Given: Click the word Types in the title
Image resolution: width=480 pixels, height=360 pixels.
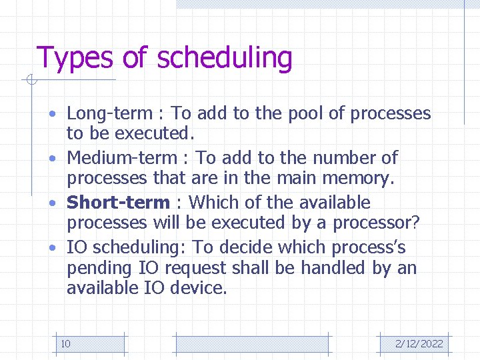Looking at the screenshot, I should pyautogui.click(x=76, y=58).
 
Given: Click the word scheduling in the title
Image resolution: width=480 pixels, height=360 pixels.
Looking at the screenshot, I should pyautogui.click(x=225, y=58).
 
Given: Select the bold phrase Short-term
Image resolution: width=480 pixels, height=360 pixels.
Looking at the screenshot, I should pyautogui.click(x=119, y=202).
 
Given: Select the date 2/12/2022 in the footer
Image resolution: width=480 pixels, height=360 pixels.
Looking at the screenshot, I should pyautogui.click(x=419, y=344).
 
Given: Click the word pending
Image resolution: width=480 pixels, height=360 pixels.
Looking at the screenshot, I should pyautogui.click(x=100, y=268).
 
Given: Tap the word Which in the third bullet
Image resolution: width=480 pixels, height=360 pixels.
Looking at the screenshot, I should pyautogui.click(x=213, y=202).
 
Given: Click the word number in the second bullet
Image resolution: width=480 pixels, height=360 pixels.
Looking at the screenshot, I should pyautogui.click(x=342, y=158).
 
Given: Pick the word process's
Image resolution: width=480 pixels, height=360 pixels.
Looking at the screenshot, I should pyautogui.click(x=370, y=247).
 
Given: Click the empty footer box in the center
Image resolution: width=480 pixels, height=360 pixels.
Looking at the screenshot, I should pyautogui.click(x=251, y=344).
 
